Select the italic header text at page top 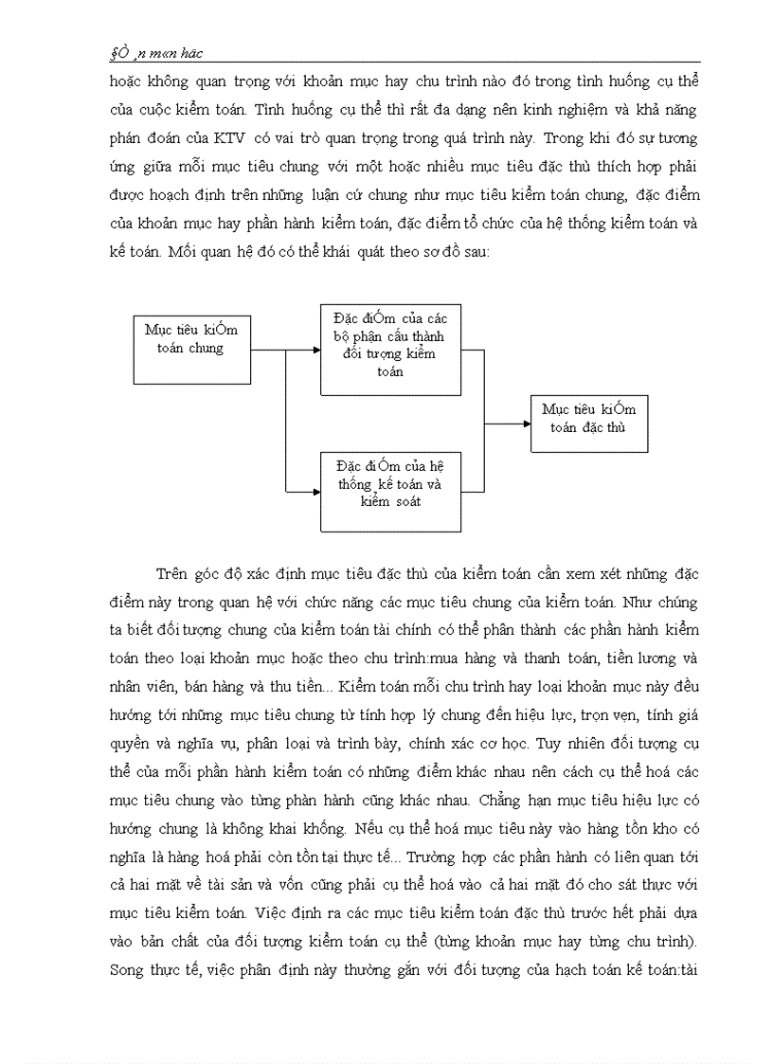[155, 53]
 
